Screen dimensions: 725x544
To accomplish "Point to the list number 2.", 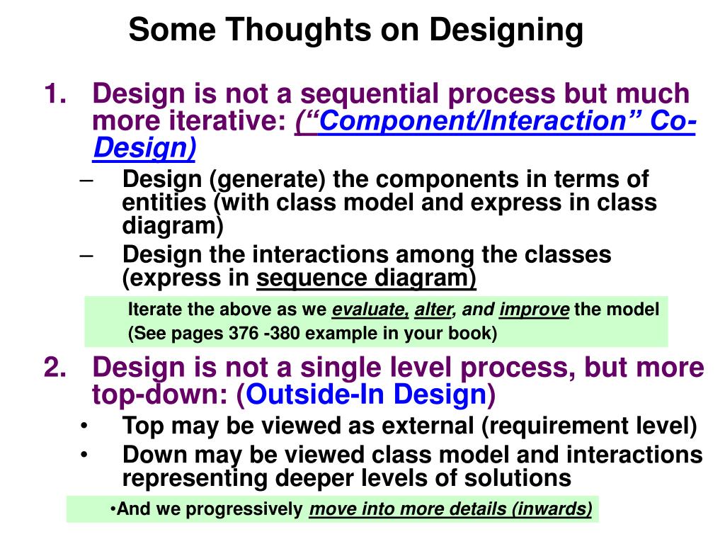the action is (55, 368).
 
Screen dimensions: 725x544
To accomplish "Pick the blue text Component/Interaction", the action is (472, 120).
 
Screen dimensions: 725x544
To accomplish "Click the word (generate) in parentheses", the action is (268, 180).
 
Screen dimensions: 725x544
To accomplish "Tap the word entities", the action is (164, 202).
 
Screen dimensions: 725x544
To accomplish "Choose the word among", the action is (435, 255).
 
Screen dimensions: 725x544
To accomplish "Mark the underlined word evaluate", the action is (370, 310).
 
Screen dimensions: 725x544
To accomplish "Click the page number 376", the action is (244, 333).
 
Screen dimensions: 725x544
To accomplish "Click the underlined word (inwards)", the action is (552, 509).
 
